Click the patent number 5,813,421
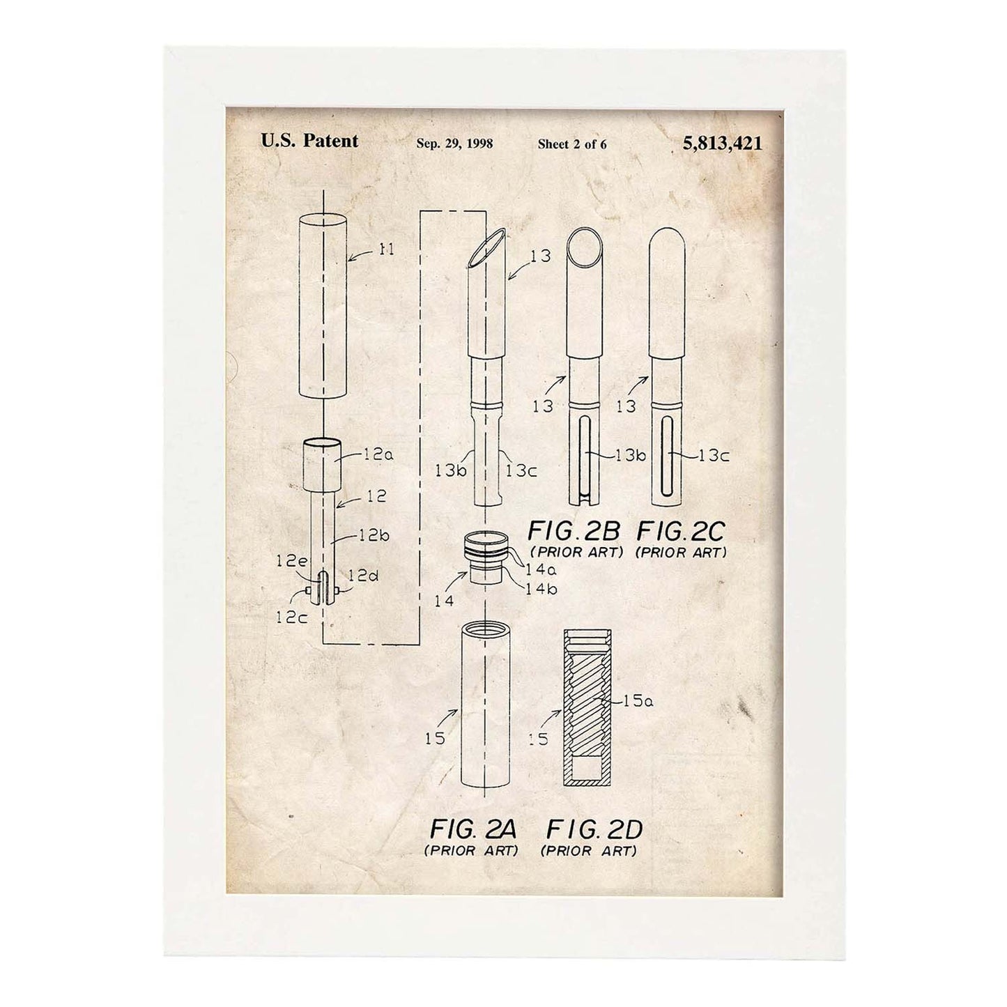(722, 143)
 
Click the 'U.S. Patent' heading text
(309, 141)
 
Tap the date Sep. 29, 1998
(454, 144)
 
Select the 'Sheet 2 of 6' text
(572, 144)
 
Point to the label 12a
(378, 454)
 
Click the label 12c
(291, 617)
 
